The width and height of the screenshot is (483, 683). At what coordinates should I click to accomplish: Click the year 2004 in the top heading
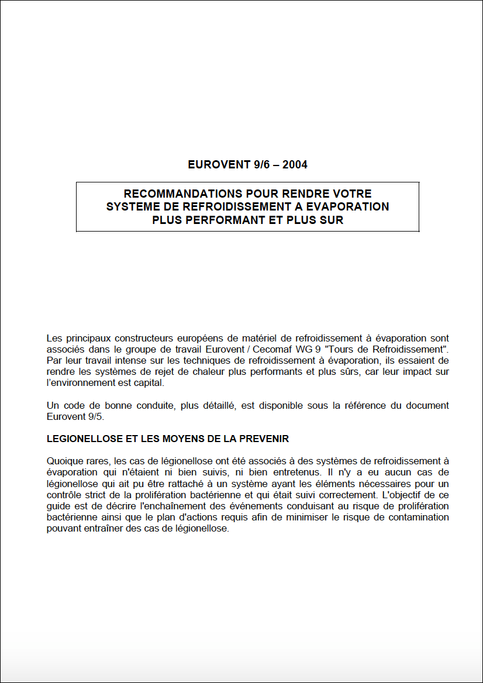(295, 164)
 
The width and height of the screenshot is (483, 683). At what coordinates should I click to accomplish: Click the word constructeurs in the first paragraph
(142, 338)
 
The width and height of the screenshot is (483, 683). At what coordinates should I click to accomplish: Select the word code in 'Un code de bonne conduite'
(73, 405)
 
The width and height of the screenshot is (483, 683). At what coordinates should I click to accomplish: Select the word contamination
(420, 518)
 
